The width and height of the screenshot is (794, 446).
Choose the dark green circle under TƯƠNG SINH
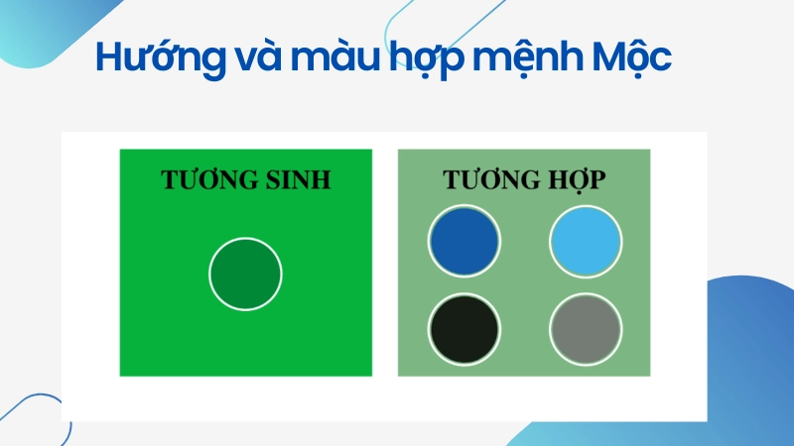245,274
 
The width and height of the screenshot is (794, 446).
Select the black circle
464,327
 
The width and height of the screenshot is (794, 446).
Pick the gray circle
586,327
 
